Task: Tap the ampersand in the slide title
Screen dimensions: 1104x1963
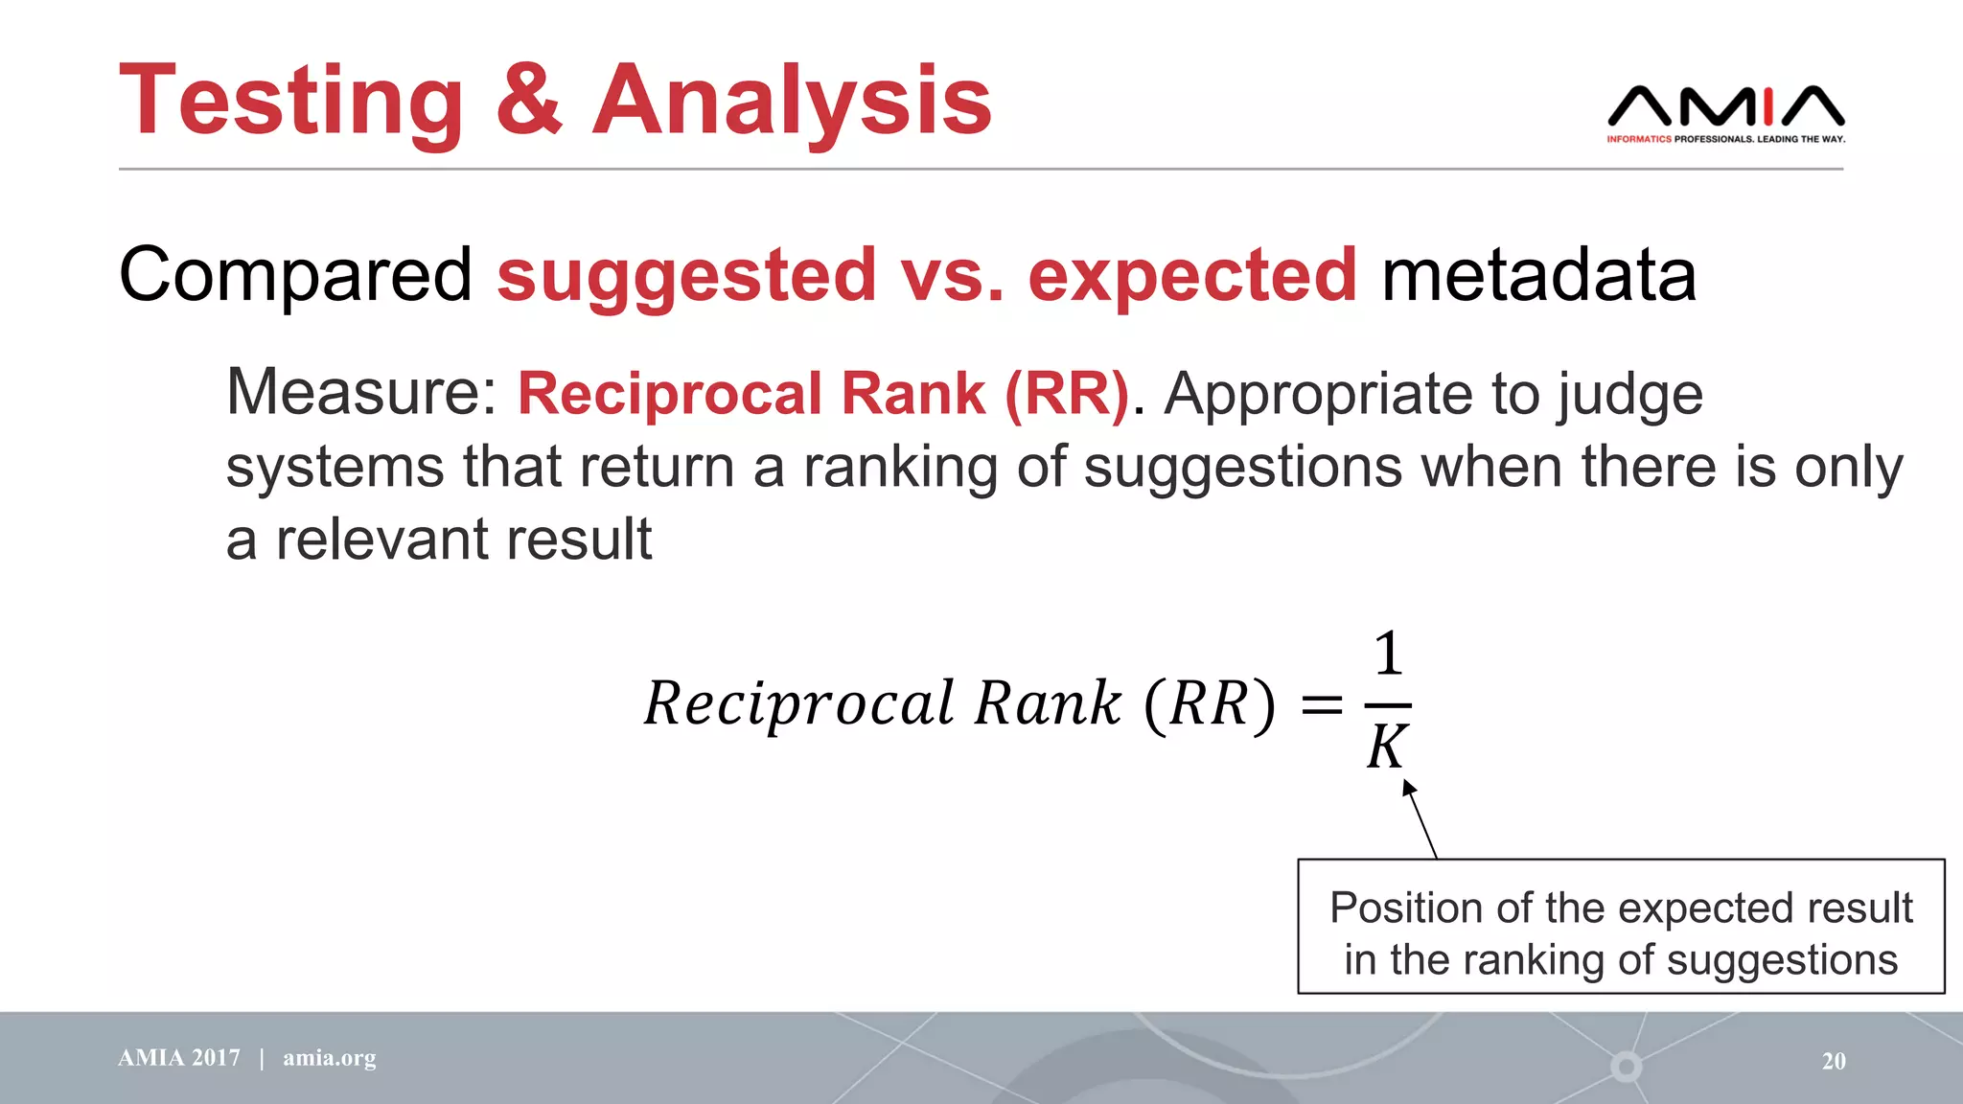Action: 528,100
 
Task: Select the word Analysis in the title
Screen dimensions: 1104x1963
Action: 792,102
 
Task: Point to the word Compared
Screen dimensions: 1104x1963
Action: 295,276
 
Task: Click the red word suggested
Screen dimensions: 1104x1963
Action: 686,276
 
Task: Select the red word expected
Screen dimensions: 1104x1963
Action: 1192,276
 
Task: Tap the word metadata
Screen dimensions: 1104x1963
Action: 1538,276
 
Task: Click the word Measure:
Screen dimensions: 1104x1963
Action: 361,393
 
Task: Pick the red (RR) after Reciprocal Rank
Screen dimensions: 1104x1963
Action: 1067,393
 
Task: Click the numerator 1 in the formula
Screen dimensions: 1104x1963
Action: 1388,655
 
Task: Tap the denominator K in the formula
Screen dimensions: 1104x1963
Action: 1387,747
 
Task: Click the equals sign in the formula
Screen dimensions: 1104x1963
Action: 1321,706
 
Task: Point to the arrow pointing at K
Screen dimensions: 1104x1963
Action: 1420,819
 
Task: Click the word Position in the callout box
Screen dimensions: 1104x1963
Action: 1405,908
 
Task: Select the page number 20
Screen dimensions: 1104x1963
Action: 1833,1061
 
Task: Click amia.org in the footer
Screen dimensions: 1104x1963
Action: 329,1058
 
